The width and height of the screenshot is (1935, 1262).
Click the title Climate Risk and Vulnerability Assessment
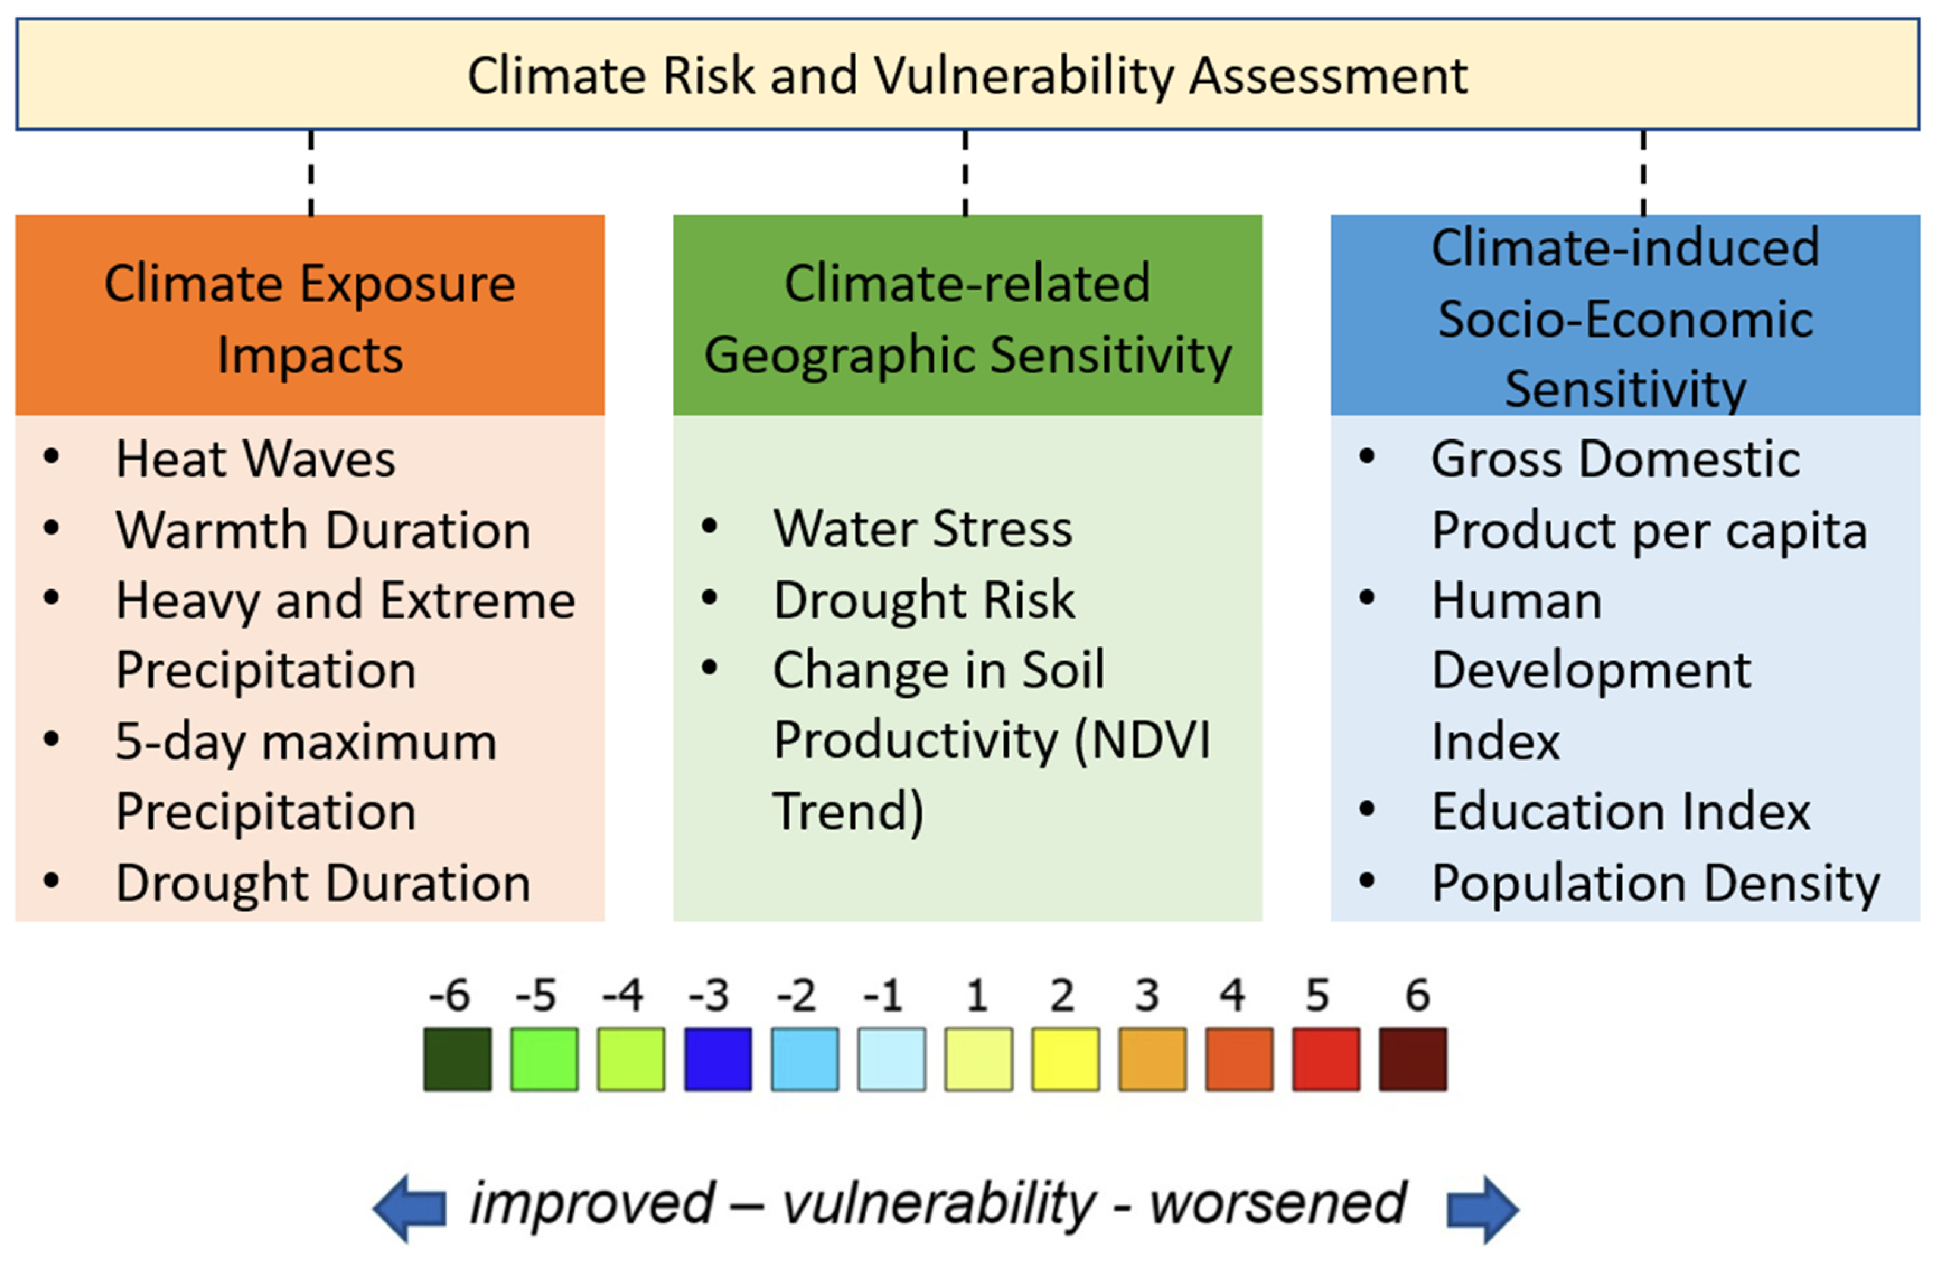tap(967, 76)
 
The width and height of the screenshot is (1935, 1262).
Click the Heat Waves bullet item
tap(255, 460)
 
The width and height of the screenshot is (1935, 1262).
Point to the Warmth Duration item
tap(323, 530)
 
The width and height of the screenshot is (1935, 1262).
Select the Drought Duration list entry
tap(323, 883)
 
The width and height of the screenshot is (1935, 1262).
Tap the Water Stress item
tap(922, 529)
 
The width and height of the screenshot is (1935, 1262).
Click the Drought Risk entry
tap(923, 600)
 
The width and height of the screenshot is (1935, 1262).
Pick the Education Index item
tap(1620, 812)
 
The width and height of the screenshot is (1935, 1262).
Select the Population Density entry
tap(1656, 883)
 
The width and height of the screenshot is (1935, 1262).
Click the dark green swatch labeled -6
tap(457, 1059)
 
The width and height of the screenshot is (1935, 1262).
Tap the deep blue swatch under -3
tap(717, 1059)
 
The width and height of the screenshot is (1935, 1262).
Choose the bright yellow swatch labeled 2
tap(1065, 1059)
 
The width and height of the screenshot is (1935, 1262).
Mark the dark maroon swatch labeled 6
tap(1412, 1059)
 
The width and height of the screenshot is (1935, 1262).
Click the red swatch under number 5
tap(1325, 1059)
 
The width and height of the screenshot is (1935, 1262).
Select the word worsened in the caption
tap(1277, 1204)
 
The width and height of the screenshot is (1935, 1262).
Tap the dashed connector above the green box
tap(965, 172)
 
